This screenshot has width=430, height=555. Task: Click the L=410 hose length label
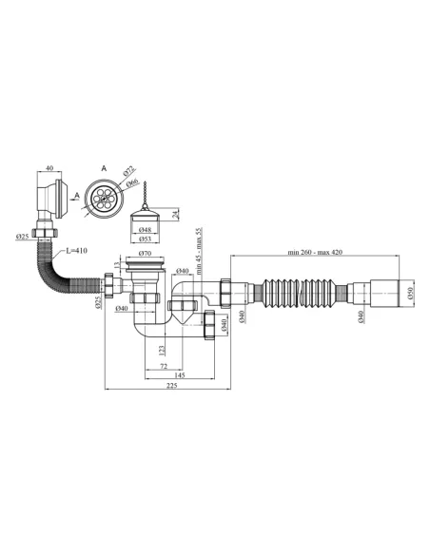pos(79,251)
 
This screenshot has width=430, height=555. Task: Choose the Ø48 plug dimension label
pos(146,229)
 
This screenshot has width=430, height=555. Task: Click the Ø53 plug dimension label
pos(146,240)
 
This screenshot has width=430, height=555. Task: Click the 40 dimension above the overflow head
pos(49,170)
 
